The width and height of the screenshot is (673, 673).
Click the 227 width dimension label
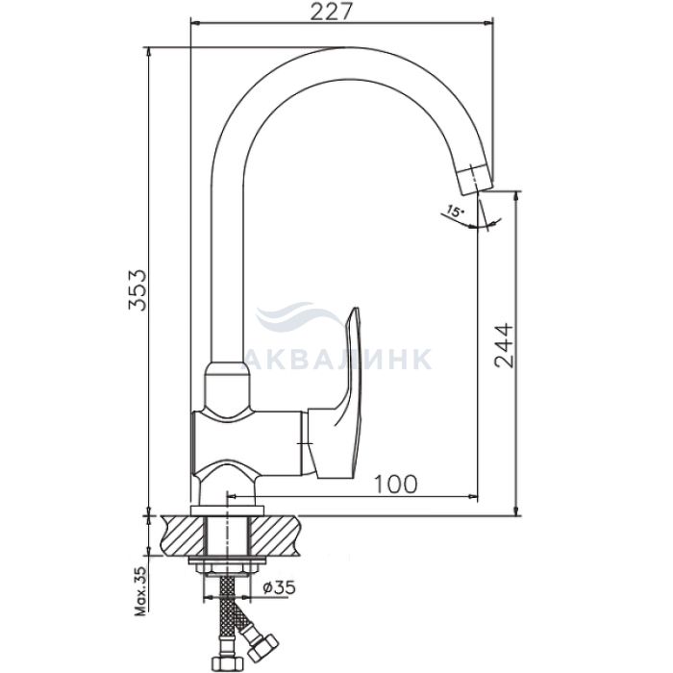coord(331,12)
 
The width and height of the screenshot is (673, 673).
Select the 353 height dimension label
coord(138,290)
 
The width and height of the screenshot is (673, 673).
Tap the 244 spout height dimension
coord(504,345)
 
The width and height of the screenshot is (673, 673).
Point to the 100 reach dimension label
coord(396,485)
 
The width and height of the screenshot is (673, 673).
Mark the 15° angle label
coord(455,212)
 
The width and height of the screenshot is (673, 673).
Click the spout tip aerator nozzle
coord(473,181)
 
